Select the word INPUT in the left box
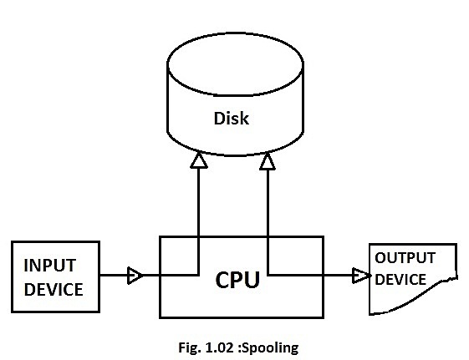pyautogui.click(x=49, y=266)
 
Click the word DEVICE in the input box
pyautogui.click(x=53, y=290)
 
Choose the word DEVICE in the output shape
pyautogui.click(x=400, y=280)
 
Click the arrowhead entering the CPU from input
pyautogui.click(x=134, y=274)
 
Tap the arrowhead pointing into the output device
pyautogui.click(x=360, y=274)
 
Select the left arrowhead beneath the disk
pyautogui.click(x=198, y=161)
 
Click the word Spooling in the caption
pyautogui.click(x=269, y=345)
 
